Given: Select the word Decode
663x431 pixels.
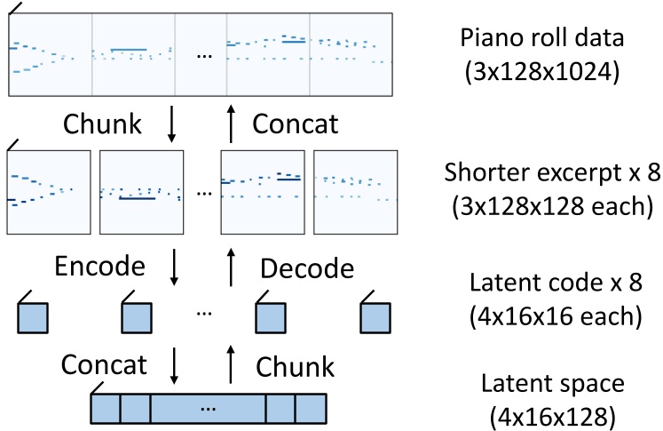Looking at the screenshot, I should [x=308, y=267].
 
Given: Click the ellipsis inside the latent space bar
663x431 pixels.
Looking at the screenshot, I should [x=209, y=409].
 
